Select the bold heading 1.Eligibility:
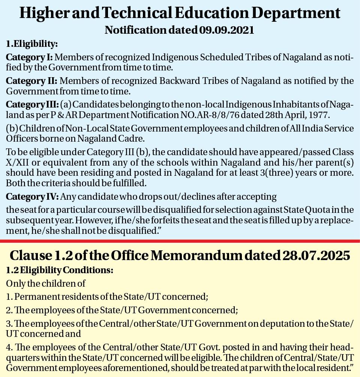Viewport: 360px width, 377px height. [x=32, y=44]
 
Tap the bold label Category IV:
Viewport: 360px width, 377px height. [x=32, y=197]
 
